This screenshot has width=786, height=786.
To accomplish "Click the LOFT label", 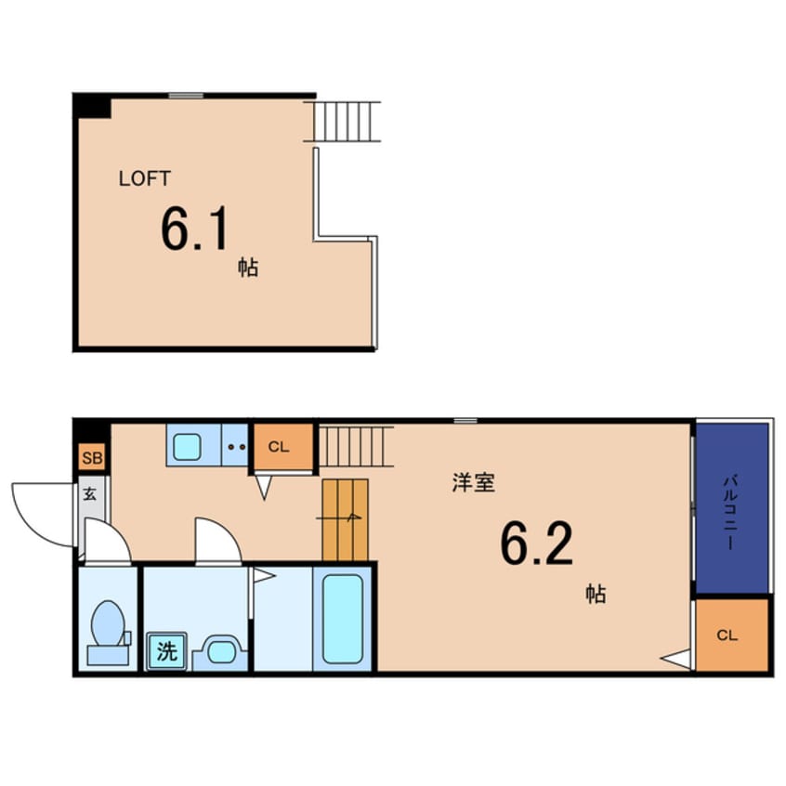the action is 144,178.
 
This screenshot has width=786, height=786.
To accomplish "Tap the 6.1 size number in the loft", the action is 194,229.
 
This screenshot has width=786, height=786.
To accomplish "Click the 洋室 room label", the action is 474,483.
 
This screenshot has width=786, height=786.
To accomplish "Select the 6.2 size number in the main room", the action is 536,544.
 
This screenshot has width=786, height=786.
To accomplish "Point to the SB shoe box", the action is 92,457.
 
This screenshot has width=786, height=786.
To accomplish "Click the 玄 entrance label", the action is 90,494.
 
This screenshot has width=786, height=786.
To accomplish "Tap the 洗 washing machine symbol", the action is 166,650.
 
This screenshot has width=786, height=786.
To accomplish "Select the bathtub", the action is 343,619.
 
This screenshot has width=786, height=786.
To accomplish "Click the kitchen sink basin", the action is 187,447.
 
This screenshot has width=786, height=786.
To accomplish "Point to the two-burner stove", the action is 235,446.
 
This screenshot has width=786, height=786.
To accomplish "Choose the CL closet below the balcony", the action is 732,635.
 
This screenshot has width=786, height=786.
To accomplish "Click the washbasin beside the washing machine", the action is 220,652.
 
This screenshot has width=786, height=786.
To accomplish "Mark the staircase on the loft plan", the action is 343,122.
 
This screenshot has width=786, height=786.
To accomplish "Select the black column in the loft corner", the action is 93,106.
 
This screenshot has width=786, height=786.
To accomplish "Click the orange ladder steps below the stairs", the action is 345,519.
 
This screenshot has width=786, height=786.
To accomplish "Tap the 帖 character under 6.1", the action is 248,268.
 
